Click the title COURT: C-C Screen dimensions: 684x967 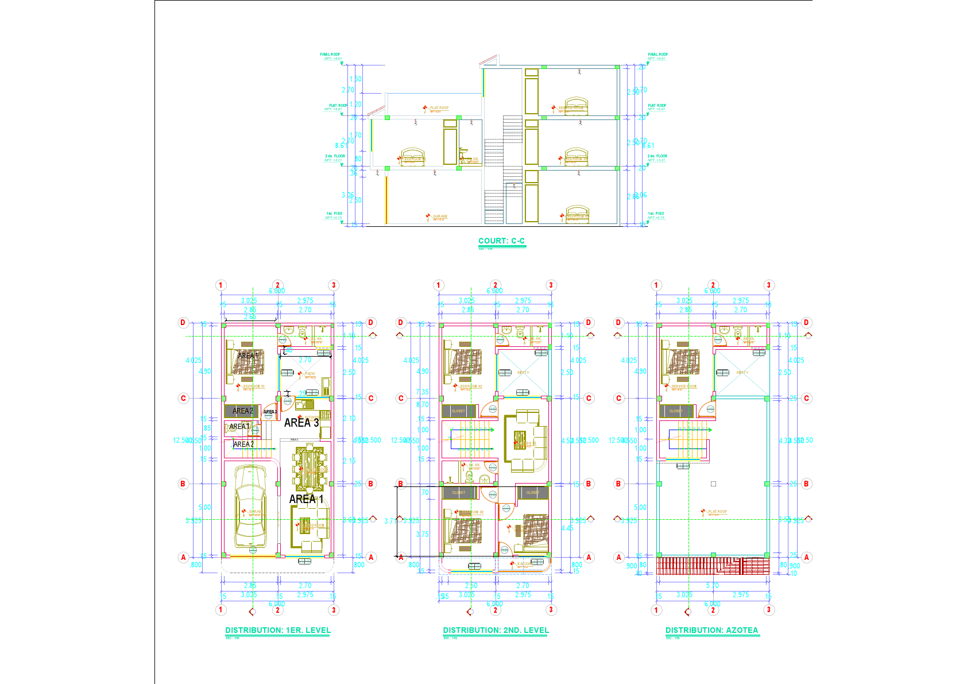coord(501,241)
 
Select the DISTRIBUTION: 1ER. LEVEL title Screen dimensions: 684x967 coord(278,630)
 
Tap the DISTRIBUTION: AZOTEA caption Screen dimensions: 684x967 coord(711,630)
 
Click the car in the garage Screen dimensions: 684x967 coord(250,506)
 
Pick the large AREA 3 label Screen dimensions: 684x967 coord(301,423)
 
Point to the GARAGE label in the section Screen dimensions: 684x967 coord(440,217)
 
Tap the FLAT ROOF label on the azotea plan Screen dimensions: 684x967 coord(717,511)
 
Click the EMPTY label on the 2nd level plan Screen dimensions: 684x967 coord(523,373)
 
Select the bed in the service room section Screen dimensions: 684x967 coord(575,106)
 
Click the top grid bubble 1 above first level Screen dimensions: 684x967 coord(221,285)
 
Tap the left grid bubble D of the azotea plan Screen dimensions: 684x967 coord(618,322)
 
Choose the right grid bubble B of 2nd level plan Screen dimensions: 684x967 coord(588,484)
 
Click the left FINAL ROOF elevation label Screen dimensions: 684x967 coord(330,55)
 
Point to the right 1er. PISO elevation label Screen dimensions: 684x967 coord(656,214)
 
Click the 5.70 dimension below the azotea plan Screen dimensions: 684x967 coord(712,585)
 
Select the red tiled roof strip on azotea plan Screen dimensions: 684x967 coord(712,566)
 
